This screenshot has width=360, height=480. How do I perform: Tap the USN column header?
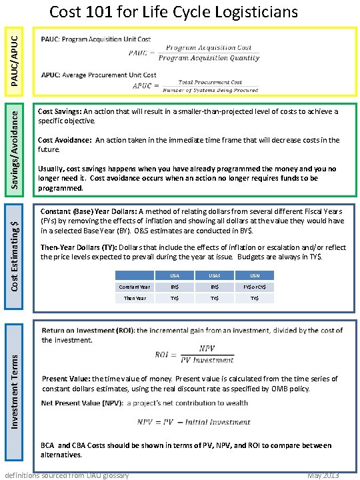[x=255, y=275]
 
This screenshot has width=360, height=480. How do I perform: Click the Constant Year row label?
[x=134, y=287]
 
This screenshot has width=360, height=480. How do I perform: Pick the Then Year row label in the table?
[x=134, y=298]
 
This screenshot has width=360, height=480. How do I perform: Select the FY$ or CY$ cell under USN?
[x=255, y=287]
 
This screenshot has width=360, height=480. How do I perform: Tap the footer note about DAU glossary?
[x=67, y=475]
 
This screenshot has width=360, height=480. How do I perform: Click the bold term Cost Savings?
[x=60, y=111]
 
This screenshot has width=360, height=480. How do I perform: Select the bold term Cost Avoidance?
[x=65, y=140]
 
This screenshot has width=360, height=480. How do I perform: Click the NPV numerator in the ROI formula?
[x=207, y=348]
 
